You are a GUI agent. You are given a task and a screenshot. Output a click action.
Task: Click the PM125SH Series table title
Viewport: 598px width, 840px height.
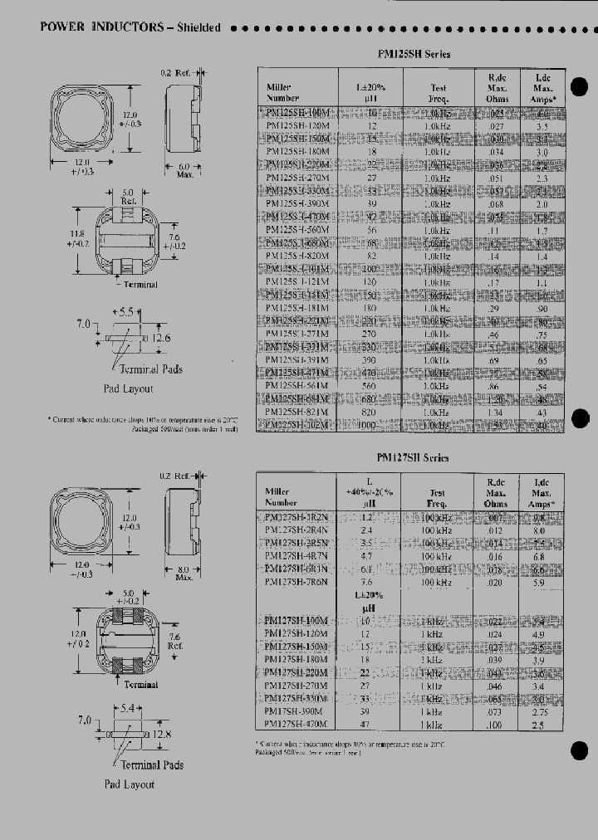pos(414,55)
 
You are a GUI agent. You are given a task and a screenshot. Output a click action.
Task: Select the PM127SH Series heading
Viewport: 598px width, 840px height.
pos(413,457)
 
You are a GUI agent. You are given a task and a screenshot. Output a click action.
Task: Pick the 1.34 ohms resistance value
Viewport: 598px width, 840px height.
pos(496,413)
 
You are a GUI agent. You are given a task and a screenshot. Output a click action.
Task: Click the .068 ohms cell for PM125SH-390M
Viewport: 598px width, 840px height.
pos(496,204)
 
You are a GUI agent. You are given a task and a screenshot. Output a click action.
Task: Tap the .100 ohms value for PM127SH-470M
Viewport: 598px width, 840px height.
pos(496,725)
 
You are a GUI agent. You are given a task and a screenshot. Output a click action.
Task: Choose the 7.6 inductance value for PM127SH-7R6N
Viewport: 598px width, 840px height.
pos(366,582)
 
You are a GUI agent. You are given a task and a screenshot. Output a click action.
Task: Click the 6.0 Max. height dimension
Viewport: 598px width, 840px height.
pos(185,170)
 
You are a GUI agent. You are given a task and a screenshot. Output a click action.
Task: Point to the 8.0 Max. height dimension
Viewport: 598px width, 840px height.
pos(184,572)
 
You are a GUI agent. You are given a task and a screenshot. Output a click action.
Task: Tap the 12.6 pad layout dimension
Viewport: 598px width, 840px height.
pos(162,337)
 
